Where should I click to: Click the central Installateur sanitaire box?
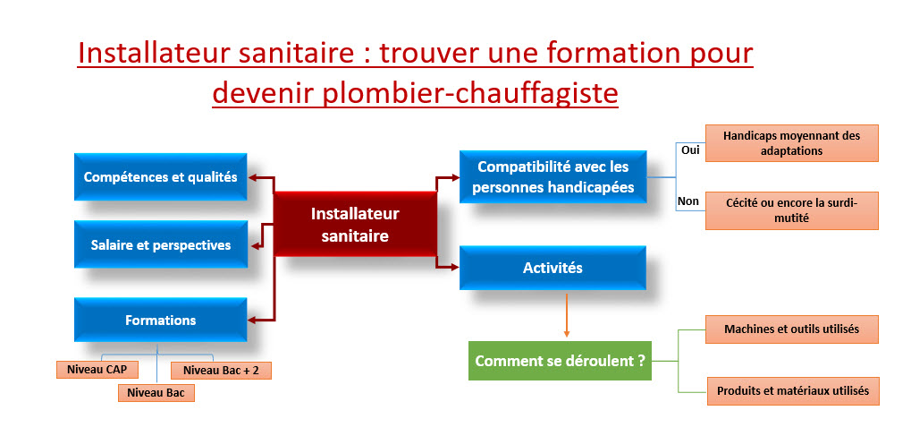355,225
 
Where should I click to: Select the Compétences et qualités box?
160,177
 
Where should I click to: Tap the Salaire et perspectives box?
160,244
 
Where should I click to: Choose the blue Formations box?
160,320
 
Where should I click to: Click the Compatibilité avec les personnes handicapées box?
552,176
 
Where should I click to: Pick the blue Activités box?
552,267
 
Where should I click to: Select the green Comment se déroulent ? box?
561,362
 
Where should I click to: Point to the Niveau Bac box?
156,391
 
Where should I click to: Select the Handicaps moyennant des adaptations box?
791,143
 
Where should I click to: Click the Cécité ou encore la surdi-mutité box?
791,210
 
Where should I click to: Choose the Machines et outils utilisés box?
791,329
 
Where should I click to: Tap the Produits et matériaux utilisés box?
791,390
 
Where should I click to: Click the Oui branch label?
689,150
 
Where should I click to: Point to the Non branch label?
688,201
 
